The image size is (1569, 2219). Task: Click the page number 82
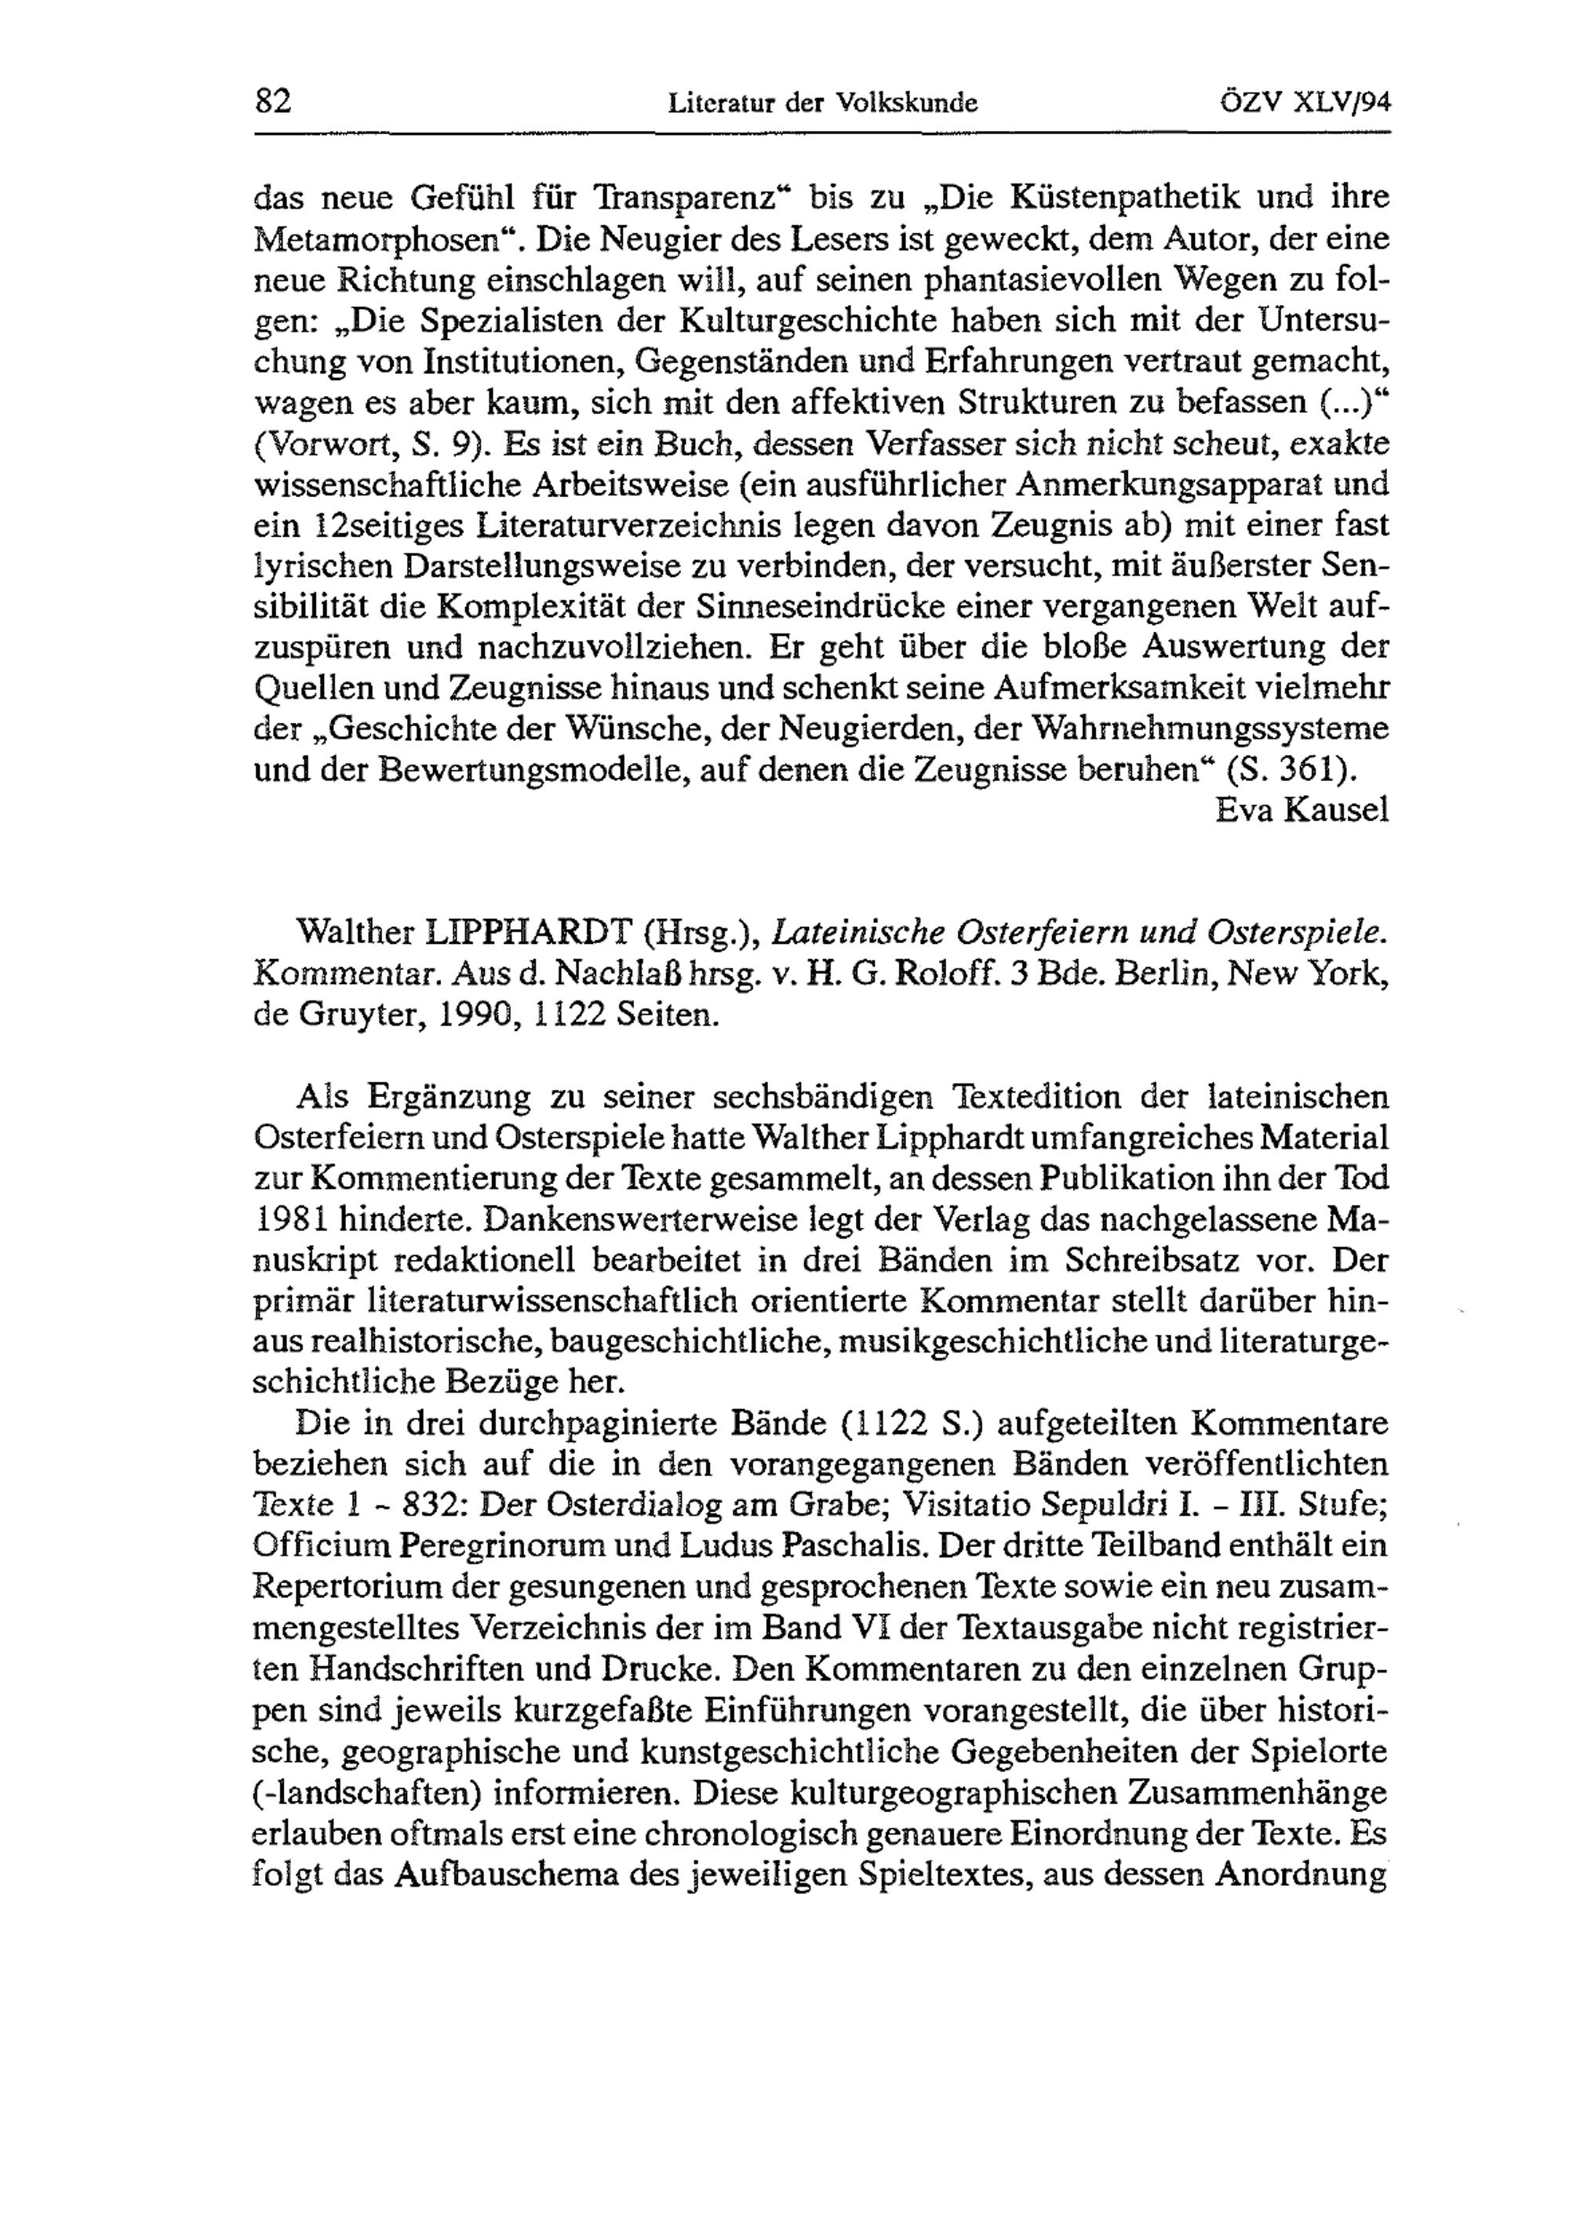click(273, 100)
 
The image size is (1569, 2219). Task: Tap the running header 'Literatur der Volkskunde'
click(823, 103)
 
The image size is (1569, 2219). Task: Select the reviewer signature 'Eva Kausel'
click(1301, 810)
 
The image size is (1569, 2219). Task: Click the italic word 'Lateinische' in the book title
click(854, 932)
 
